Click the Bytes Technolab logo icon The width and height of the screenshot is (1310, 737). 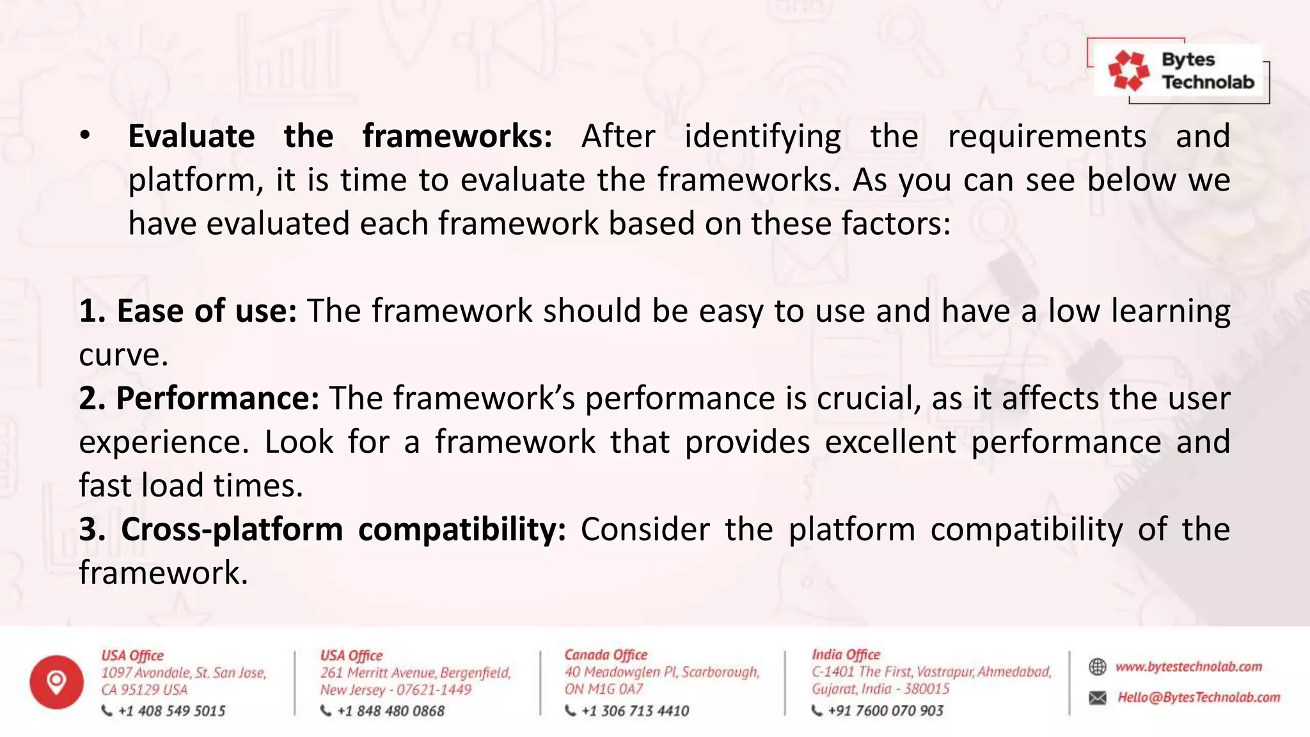1128,70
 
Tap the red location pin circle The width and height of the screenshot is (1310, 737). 56,682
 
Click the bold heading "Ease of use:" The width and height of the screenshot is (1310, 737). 188,311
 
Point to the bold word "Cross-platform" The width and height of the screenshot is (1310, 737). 232,530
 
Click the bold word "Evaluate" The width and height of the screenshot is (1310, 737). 191,136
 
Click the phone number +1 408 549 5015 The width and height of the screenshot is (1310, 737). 171,711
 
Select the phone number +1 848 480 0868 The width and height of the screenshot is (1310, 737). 390,711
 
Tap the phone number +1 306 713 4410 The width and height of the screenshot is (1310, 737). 635,711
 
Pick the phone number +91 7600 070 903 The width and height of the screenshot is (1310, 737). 885,711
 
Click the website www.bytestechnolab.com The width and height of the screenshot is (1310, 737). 1188,667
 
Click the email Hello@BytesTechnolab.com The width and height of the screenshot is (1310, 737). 1199,697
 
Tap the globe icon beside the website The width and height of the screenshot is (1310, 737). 1098,667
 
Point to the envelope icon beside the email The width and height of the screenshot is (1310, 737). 1098,697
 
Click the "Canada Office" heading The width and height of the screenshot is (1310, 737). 606,654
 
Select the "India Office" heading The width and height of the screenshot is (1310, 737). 846,654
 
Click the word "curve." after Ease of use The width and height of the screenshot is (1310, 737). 123,356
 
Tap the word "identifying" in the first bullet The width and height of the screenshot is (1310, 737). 762,137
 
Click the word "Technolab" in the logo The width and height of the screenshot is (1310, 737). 1208,82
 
